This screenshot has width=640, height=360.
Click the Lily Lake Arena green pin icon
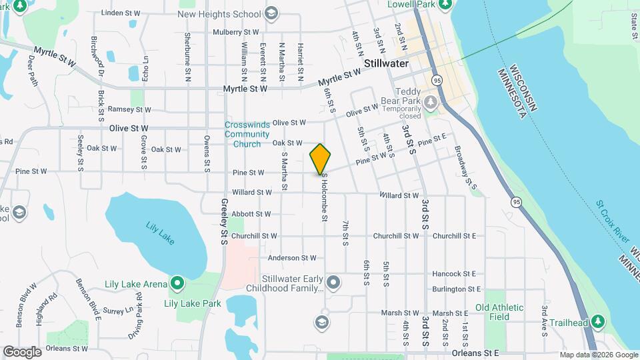177,285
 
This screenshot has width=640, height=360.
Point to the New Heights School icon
271,13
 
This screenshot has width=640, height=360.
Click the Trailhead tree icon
598,323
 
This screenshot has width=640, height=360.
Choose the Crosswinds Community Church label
247,134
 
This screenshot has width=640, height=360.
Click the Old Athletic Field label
499,313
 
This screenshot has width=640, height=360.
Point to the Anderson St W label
292,258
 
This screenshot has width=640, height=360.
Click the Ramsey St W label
129,109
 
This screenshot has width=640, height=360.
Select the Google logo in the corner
23,351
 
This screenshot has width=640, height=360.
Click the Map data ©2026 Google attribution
598,355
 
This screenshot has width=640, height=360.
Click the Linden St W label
122,13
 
